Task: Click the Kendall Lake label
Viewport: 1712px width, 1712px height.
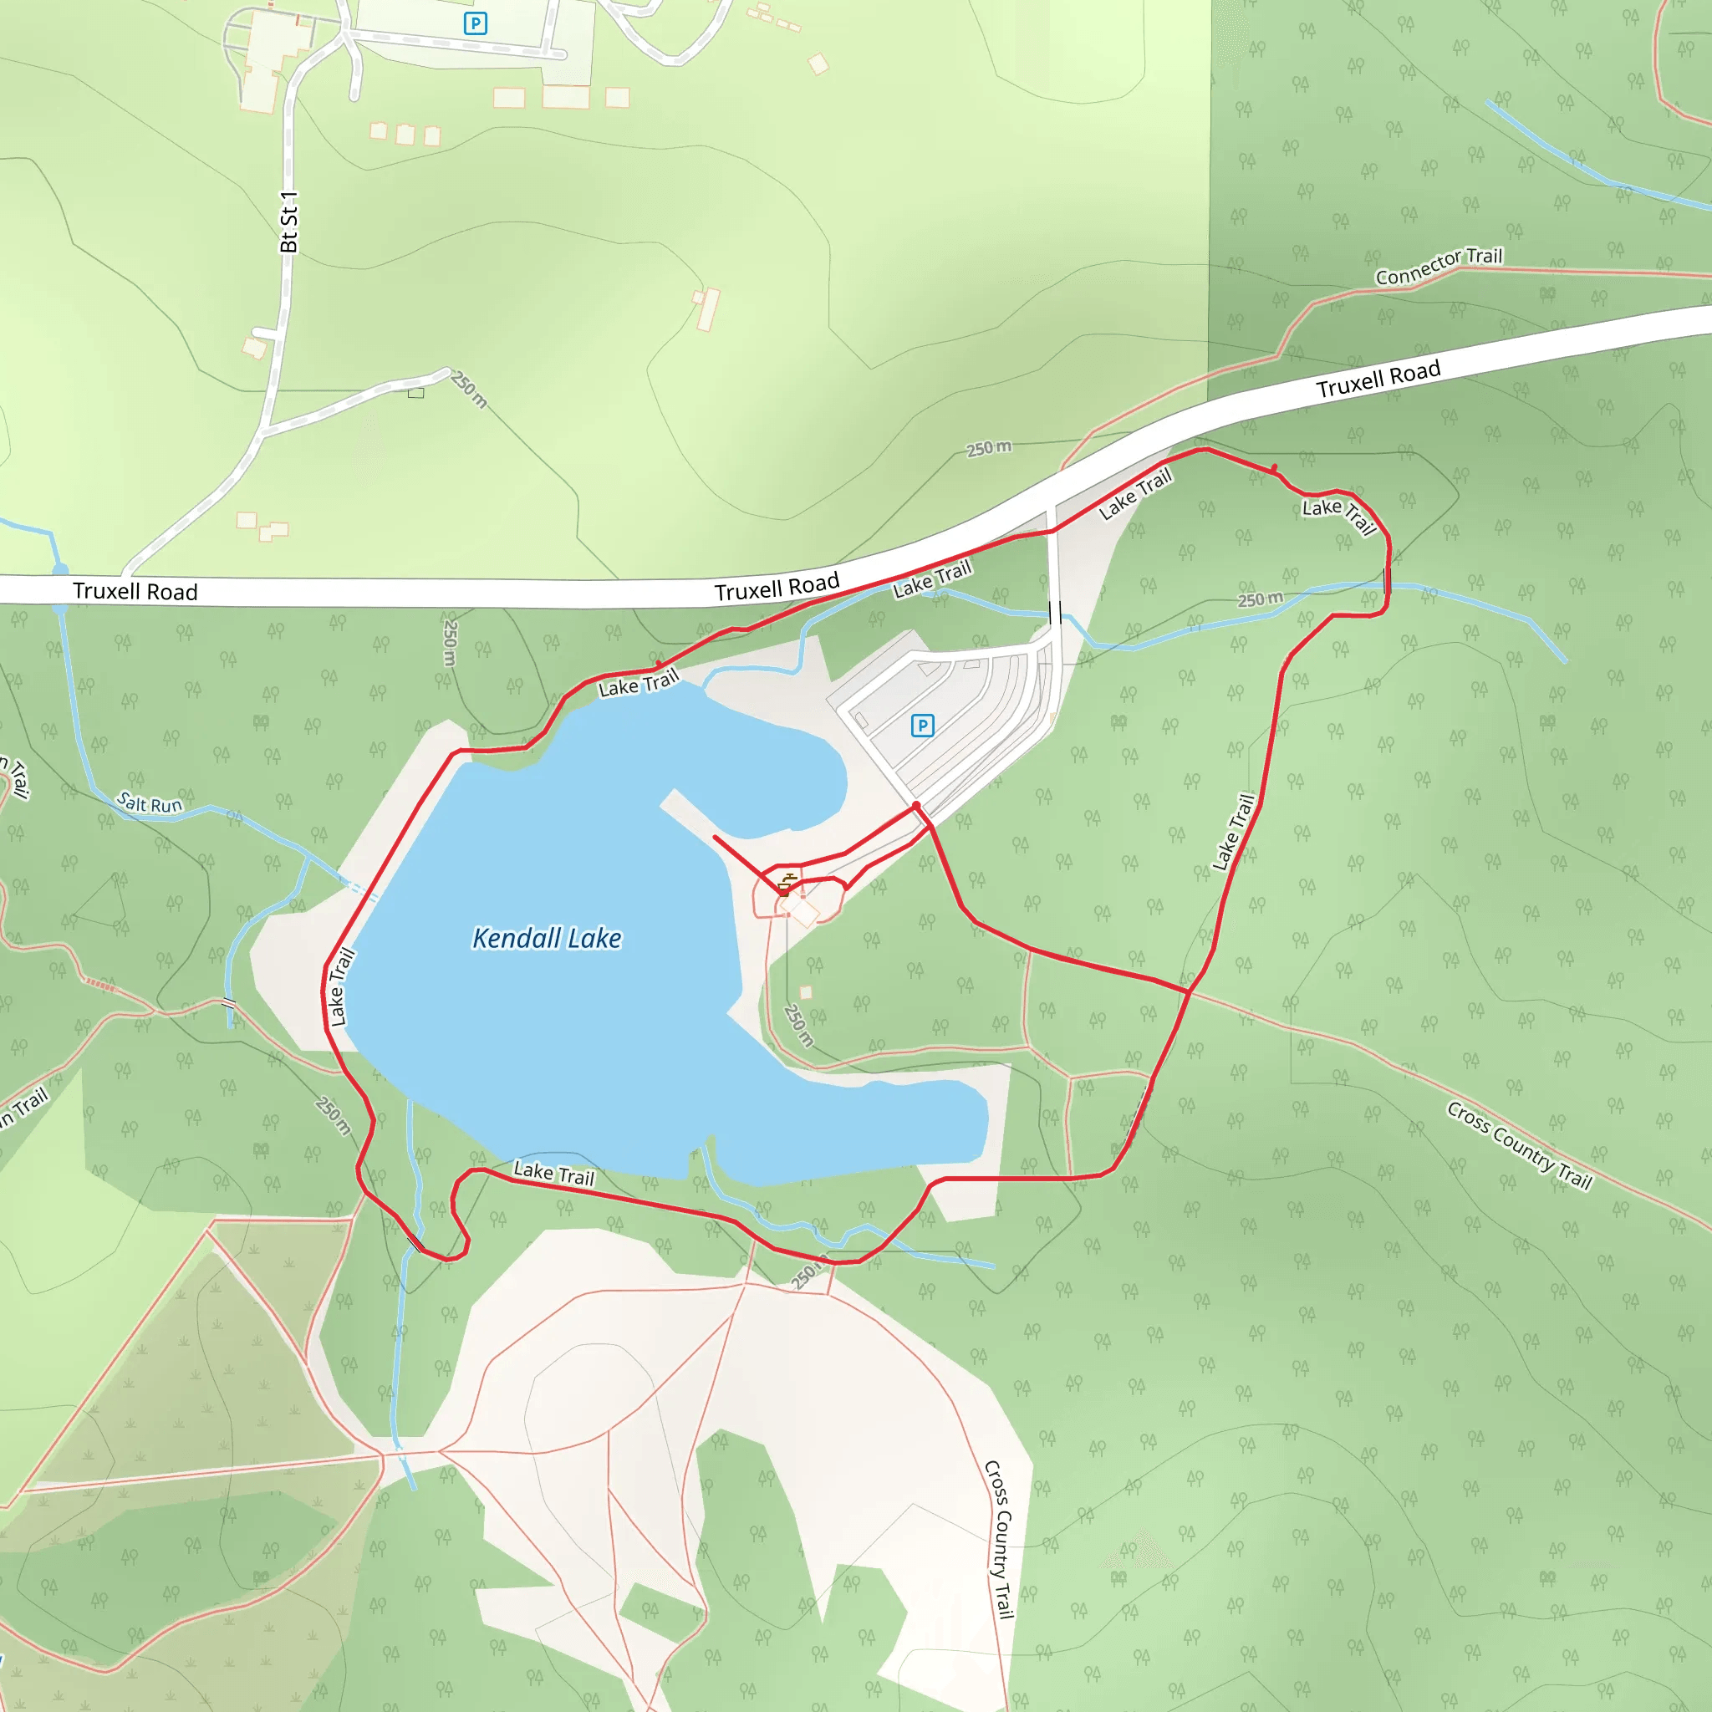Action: tap(547, 939)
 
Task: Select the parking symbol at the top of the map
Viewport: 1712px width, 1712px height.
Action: tap(476, 24)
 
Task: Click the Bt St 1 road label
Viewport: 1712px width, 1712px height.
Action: tap(289, 222)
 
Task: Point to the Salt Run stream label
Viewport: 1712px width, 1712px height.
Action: tap(150, 803)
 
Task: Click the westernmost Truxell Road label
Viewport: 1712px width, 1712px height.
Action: tap(135, 591)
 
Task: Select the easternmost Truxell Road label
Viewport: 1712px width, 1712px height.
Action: tap(1378, 380)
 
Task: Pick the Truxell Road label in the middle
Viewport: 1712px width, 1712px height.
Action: tap(777, 587)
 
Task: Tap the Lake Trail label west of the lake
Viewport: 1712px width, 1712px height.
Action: tap(341, 987)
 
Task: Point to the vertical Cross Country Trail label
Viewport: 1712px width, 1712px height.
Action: tap(1000, 1539)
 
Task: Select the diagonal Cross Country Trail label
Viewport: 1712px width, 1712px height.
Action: tap(1520, 1145)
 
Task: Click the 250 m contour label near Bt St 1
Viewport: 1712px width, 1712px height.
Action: tap(469, 389)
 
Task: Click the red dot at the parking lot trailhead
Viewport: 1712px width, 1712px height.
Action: tap(916, 806)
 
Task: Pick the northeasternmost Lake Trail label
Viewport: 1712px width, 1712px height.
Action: tap(1338, 516)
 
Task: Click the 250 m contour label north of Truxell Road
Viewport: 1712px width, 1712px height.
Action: tap(989, 448)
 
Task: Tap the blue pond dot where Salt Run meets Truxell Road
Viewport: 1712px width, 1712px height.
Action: tap(60, 570)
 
